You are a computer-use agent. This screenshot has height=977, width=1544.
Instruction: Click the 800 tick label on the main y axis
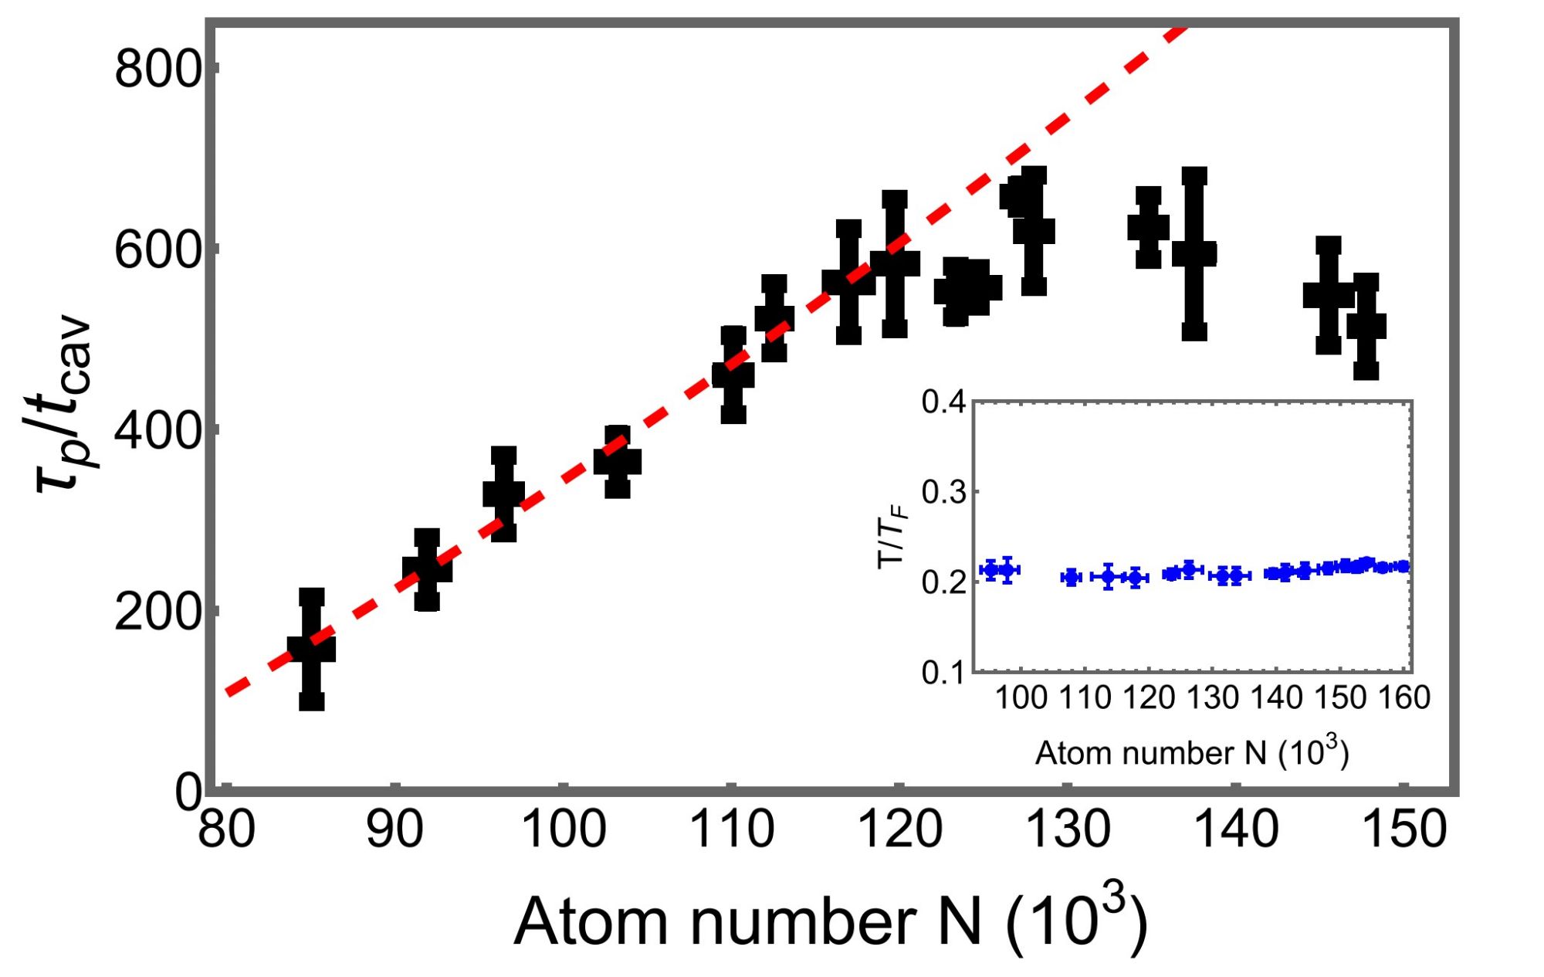[157, 70]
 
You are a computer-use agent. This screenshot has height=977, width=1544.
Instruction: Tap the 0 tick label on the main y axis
[188, 792]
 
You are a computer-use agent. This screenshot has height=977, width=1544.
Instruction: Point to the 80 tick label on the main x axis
[226, 830]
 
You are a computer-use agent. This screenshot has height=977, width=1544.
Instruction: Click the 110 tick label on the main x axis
[731, 830]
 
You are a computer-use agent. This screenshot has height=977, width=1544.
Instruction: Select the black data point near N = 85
[311, 649]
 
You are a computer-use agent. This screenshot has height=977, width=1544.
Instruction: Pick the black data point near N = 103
[618, 462]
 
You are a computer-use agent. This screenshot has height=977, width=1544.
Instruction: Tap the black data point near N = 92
[427, 570]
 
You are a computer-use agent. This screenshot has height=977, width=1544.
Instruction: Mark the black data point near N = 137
[1194, 253]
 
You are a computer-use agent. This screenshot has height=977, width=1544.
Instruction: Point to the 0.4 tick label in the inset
[943, 402]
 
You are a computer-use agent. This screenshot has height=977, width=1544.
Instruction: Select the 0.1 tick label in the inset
[943, 673]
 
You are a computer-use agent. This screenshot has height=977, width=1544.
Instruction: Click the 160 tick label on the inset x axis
[1404, 698]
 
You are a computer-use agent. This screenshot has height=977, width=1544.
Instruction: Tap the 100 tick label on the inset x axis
[1021, 698]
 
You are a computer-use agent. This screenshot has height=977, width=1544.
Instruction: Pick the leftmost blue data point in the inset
[991, 570]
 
